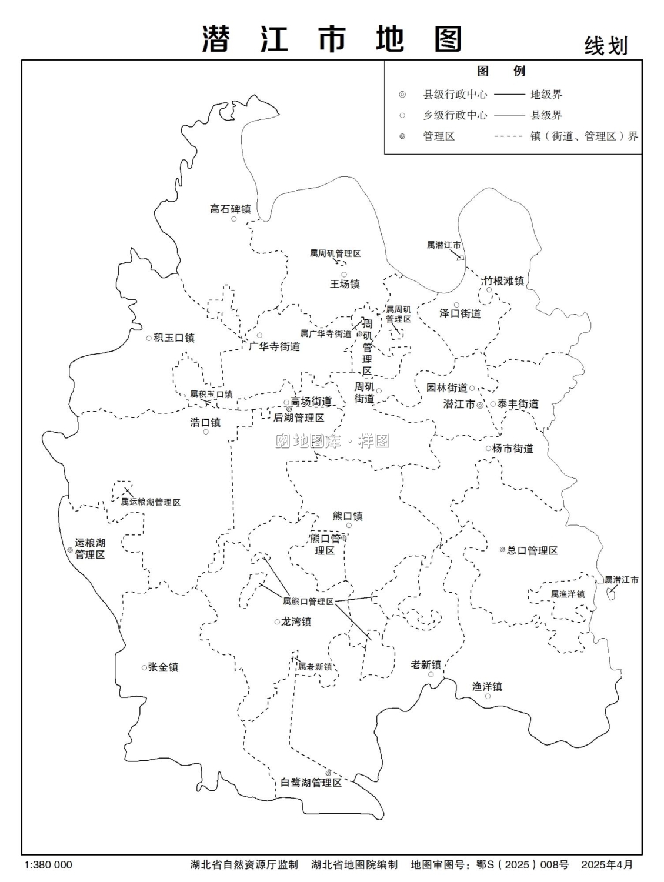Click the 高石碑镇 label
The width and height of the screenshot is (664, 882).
230,209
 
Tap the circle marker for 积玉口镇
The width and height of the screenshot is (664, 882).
149,338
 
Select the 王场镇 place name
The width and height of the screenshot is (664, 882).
344,284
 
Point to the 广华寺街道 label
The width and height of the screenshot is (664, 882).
274,347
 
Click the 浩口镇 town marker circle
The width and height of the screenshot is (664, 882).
206,432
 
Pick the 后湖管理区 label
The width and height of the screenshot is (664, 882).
299,418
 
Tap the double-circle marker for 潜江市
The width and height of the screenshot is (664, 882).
480,405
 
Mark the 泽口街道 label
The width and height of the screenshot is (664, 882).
460,313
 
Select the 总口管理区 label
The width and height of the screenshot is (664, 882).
532,551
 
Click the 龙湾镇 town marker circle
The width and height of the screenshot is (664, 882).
277,622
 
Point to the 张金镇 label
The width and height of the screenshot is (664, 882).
163,667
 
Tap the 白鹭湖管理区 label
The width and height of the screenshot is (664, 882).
311,783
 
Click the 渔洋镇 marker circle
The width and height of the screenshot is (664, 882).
488,697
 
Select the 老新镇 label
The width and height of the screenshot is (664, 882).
426,664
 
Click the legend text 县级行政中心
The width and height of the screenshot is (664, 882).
455,95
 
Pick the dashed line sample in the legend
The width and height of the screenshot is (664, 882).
509,136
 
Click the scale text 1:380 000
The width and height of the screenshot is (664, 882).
49,865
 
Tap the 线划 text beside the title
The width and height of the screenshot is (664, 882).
606,46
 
